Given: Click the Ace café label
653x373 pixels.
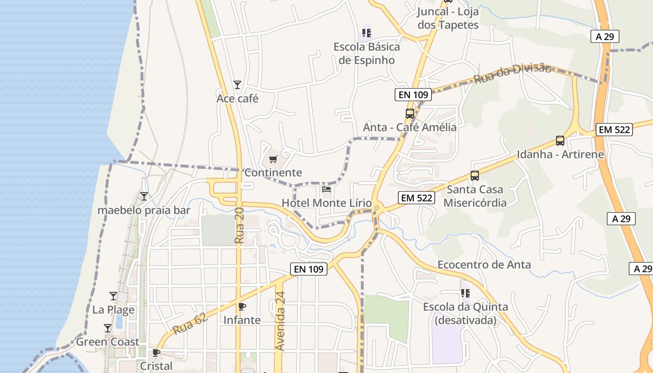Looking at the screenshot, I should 237,99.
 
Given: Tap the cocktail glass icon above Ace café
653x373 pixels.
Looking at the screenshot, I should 237,85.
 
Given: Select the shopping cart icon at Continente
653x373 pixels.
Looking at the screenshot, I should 273,159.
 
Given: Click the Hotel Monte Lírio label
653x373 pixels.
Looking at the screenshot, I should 326,203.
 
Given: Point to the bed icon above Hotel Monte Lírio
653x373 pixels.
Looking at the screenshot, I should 326,189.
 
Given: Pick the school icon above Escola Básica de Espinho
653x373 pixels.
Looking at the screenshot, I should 367,33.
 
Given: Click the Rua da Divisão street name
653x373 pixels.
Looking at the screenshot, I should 513,74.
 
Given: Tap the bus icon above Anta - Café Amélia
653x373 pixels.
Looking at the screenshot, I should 410,113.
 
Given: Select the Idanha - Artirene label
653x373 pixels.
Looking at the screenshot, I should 560,154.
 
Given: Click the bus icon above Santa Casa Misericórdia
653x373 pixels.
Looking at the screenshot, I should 475,176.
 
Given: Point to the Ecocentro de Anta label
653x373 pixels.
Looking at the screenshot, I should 484,265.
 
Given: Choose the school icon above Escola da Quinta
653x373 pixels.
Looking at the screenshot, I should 465,293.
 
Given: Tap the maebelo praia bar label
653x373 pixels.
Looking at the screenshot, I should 144,210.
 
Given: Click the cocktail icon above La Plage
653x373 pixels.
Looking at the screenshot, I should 113,296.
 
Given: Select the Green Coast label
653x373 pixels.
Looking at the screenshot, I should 108,342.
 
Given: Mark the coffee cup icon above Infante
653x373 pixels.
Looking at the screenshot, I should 242,306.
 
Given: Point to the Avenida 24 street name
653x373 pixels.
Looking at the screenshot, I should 280,321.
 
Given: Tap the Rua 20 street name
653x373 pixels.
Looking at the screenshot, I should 240,226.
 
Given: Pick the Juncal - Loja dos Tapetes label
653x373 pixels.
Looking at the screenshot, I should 448,18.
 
